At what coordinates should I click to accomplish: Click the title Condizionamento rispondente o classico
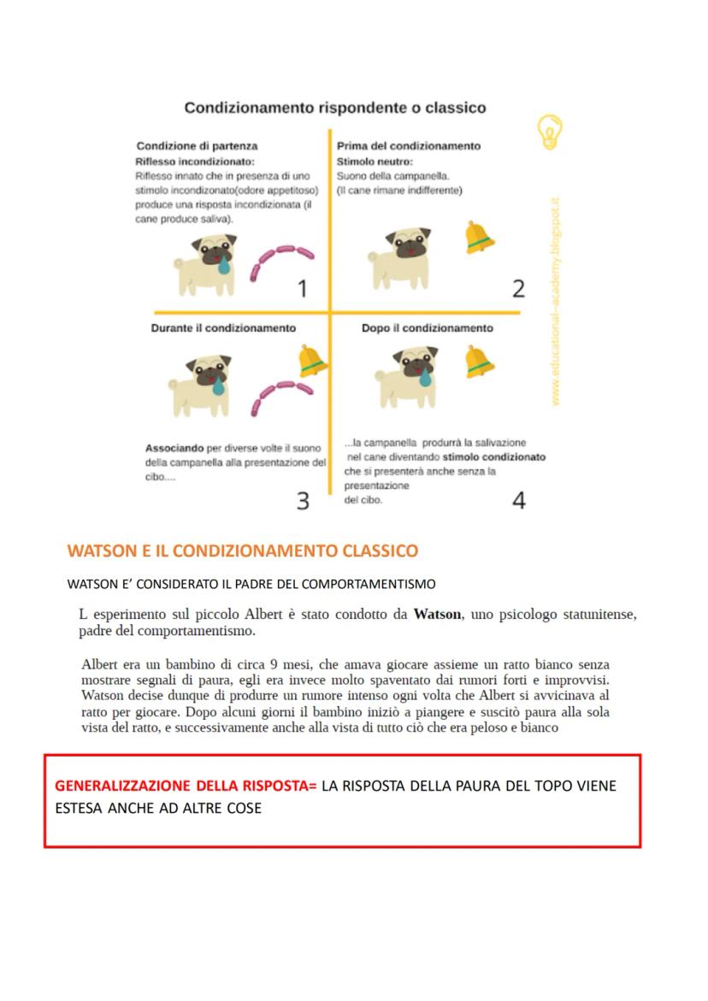click(x=335, y=108)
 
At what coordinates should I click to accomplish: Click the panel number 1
click(x=301, y=290)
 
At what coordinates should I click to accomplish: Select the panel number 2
click(x=518, y=289)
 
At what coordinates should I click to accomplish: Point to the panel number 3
click(x=303, y=501)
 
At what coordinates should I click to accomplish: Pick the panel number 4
click(x=518, y=501)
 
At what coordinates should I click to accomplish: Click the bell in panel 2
click(x=479, y=238)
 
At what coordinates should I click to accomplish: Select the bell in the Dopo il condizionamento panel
click(x=480, y=362)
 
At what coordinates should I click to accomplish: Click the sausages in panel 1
click(x=281, y=262)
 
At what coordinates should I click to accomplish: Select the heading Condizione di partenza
click(x=197, y=146)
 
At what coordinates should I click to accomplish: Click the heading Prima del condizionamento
click(x=409, y=146)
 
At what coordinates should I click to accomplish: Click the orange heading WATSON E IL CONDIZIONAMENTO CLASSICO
click(x=243, y=551)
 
